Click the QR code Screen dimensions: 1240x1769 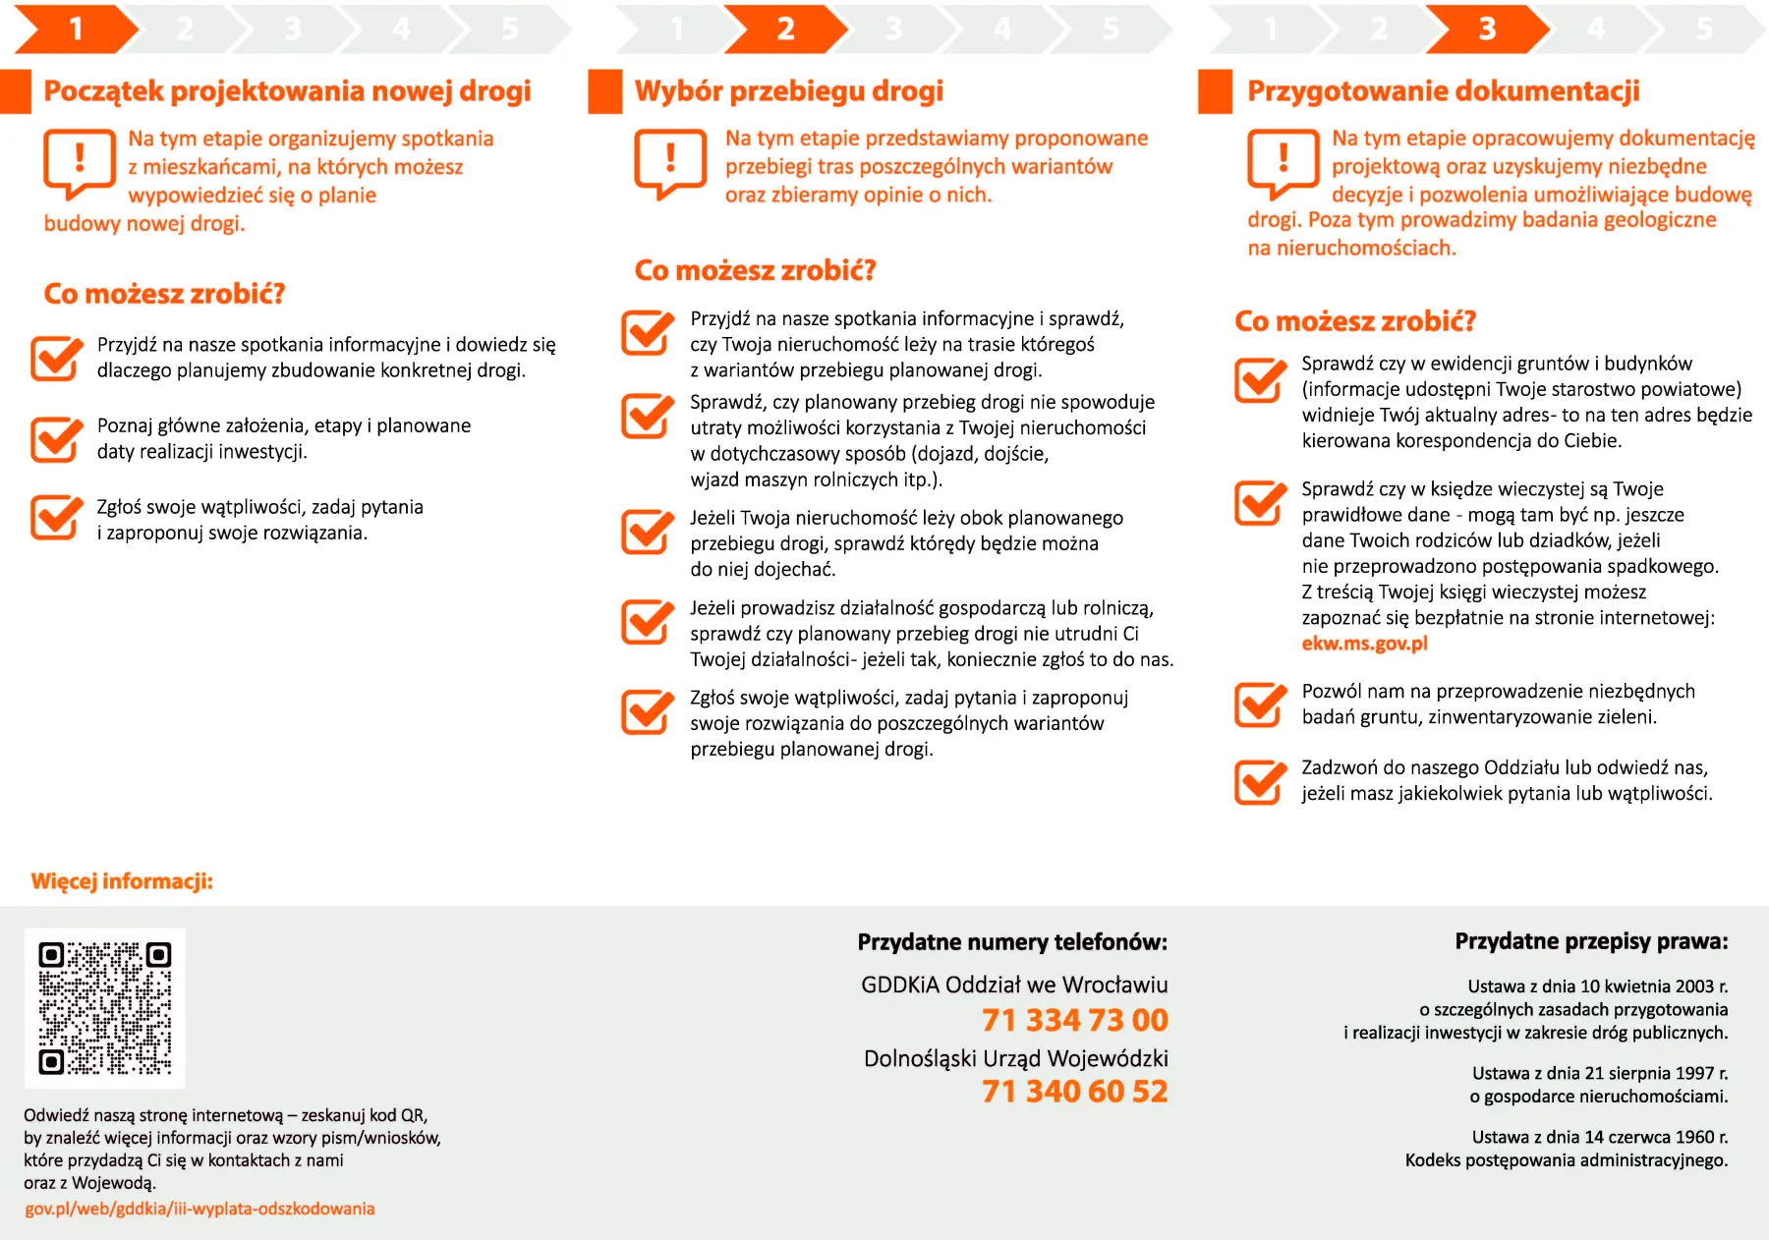(x=104, y=1008)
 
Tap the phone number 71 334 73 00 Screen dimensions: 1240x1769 (x=1074, y=1020)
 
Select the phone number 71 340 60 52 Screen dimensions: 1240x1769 (x=1074, y=1091)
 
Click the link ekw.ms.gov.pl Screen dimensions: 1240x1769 (x=1364, y=644)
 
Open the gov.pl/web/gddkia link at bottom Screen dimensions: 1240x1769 (x=200, y=1209)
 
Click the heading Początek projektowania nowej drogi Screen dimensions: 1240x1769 (x=287, y=91)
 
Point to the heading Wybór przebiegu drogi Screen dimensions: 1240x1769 (x=788, y=91)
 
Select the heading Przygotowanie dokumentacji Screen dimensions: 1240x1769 (x=1443, y=91)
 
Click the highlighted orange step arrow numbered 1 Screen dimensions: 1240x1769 (x=75, y=28)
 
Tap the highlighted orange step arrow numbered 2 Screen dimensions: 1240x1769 (x=784, y=28)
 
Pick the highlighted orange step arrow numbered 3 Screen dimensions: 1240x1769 (x=1486, y=28)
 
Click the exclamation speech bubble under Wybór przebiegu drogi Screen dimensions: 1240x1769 (x=670, y=161)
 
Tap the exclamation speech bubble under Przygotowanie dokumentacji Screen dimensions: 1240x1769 (x=1283, y=161)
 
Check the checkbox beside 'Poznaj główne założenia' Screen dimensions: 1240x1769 (x=56, y=438)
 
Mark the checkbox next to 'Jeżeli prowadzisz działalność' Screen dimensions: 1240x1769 (x=647, y=621)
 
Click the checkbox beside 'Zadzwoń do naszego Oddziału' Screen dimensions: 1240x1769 (x=1260, y=781)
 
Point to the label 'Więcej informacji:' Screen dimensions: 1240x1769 (x=122, y=881)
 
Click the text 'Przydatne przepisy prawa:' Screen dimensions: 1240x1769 (x=1591, y=941)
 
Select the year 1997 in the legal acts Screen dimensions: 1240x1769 (x=1694, y=1073)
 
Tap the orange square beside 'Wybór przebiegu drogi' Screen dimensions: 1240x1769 (x=604, y=91)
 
